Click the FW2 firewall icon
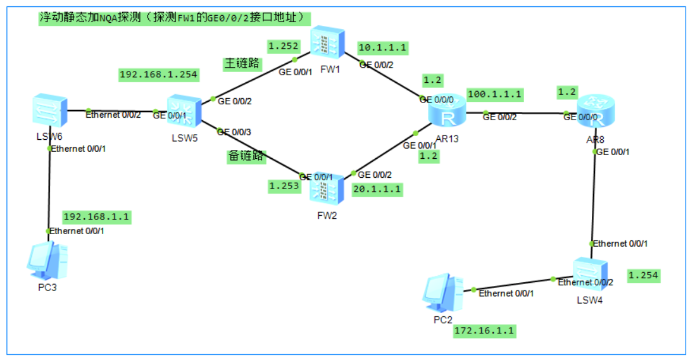tap(326, 188)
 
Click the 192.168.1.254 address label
tap(159, 75)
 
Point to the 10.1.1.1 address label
tap(382, 47)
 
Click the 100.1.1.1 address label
tap(494, 94)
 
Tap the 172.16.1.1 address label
tap(484, 330)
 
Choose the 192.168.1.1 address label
tap(96, 216)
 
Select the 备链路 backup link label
tap(246, 156)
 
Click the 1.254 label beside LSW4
tap(644, 275)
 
